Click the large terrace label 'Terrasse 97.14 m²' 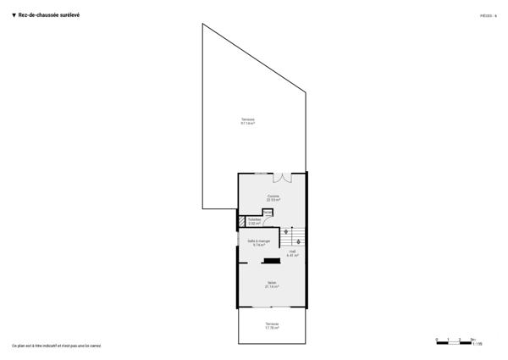(x=247, y=121)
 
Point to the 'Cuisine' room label (x=273, y=198)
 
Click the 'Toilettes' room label (x=254, y=221)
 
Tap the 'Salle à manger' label (x=258, y=242)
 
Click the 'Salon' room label (x=272, y=285)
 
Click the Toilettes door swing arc (x=268, y=217)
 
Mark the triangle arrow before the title (x=14, y=14)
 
